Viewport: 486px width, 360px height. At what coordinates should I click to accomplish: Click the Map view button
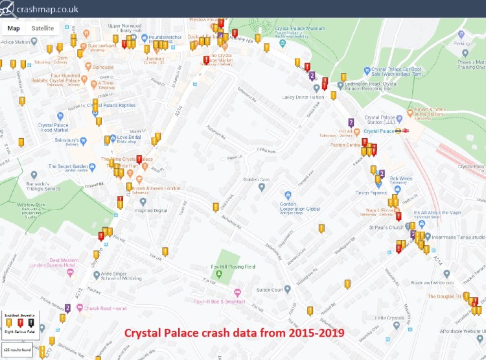pos(14,28)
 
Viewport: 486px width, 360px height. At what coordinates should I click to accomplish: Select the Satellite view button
pos(43,28)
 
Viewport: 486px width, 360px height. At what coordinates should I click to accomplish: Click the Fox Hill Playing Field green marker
pos(218,275)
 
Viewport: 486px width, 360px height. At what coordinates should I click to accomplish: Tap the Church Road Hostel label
pos(104,308)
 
